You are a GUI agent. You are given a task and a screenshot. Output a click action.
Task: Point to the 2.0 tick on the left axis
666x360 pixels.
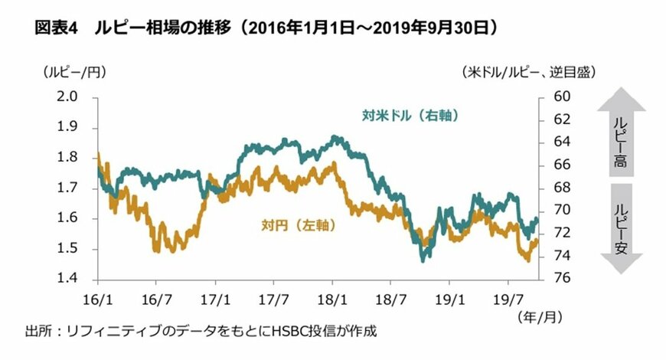click(68, 97)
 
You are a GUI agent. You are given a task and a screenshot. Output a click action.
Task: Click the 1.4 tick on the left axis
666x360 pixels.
click(68, 279)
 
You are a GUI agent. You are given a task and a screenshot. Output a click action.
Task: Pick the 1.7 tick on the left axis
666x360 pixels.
click(68, 188)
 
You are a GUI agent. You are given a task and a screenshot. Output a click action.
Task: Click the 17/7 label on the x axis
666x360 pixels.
click(273, 296)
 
